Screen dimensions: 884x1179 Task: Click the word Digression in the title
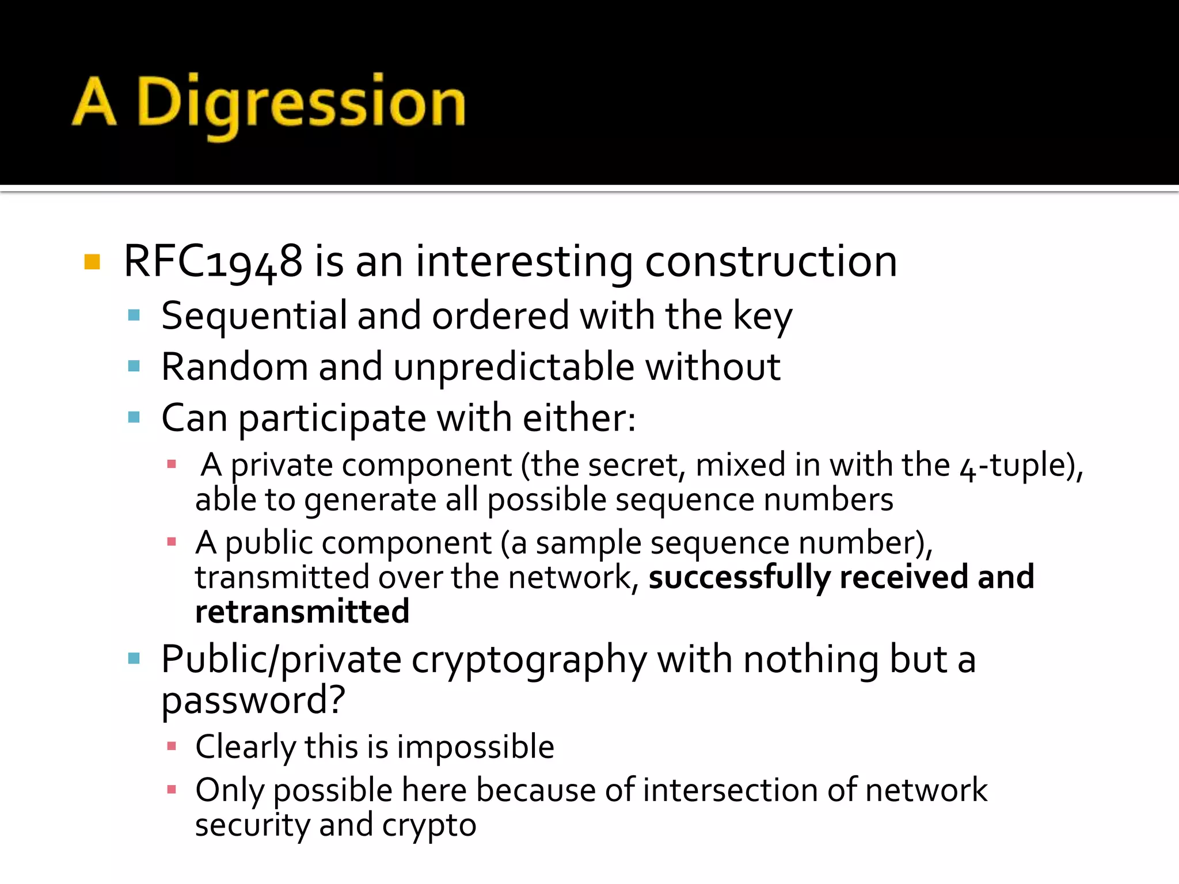point(301,104)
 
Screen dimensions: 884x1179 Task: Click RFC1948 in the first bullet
point(213,262)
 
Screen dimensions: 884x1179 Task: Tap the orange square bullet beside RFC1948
point(92,262)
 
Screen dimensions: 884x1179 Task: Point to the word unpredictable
point(514,367)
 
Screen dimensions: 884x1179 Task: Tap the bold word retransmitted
point(302,611)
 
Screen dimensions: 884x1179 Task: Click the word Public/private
point(281,659)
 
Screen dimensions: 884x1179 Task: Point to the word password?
point(253,700)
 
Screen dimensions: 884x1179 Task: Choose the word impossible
point(475,747)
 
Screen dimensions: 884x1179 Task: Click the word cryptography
point(529,660)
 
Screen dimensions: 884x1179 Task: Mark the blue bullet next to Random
point(134,366)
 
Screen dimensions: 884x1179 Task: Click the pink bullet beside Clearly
point(171,746)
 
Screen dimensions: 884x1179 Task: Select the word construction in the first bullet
point(771,262)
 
